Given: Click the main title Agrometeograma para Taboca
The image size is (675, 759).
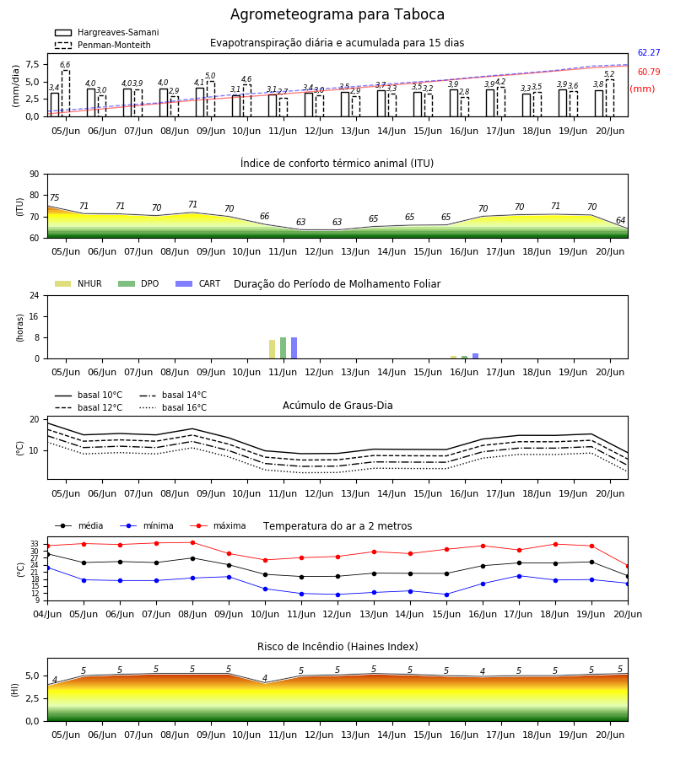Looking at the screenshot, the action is pos(337,14).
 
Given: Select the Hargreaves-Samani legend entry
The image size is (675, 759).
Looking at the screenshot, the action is pos(106,32).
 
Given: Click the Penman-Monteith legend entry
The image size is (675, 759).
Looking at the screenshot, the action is pos(103,45).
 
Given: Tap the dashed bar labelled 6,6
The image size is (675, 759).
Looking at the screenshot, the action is pos(65,94).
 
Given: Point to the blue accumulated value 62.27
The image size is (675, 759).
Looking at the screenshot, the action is pos(649,52).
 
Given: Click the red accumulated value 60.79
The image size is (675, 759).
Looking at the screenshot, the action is pos(649,72).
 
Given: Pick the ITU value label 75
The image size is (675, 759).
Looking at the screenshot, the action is pos(54,197).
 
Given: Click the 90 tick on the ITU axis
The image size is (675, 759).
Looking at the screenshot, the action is pos(35,175).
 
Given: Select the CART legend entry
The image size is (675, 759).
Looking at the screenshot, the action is pos(198,283).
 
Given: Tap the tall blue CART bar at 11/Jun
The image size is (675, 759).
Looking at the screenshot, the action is pos(294,348).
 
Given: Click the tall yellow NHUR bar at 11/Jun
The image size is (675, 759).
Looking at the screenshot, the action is pos(273,349).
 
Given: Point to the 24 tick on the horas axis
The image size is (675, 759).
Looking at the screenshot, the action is pos(35,296).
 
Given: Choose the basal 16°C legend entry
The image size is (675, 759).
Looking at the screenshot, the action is pos(173,407).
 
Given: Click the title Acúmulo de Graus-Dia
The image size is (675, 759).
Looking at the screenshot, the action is pos(337,405).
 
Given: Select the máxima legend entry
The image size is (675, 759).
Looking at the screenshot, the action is pos(218,525).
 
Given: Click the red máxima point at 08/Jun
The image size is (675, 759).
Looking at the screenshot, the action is pos(192,542).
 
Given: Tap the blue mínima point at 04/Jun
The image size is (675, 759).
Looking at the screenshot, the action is pos(47,568).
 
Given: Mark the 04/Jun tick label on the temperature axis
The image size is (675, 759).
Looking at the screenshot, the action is pos(47,614).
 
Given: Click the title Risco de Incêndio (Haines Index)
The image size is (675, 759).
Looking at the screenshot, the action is pos(337,646).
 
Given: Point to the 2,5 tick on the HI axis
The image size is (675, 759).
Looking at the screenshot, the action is pos(32,698).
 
